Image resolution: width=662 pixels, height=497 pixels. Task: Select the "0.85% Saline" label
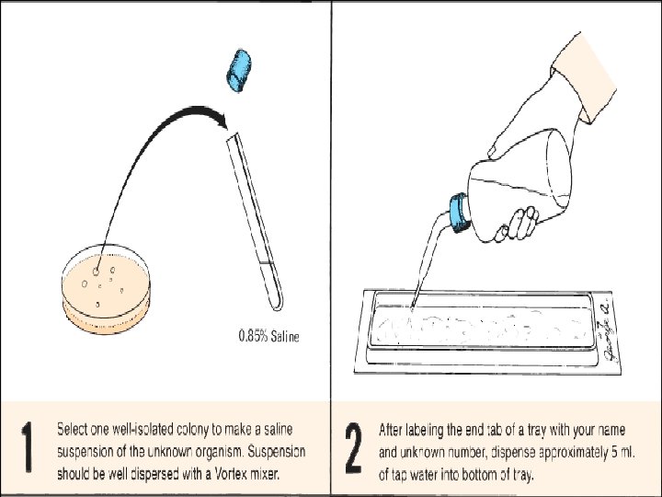pos(268,336)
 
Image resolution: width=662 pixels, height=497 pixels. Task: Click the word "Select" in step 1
pos(74,429)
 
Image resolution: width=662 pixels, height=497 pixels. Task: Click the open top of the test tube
pos(232,137)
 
